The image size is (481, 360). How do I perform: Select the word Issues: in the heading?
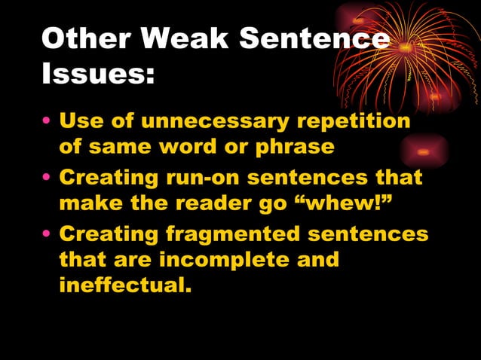coord(97,73)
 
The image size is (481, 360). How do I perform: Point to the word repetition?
coord(354,121)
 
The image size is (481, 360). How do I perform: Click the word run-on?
coord(203,178)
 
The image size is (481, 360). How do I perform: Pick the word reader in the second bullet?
coord(214,203)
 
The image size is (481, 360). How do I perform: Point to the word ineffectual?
coord(121,285)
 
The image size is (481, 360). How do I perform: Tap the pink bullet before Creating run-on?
coord(47,179)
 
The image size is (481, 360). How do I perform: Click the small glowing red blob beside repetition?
coord(424,151)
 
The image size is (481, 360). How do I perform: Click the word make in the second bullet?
coord(87,203)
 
